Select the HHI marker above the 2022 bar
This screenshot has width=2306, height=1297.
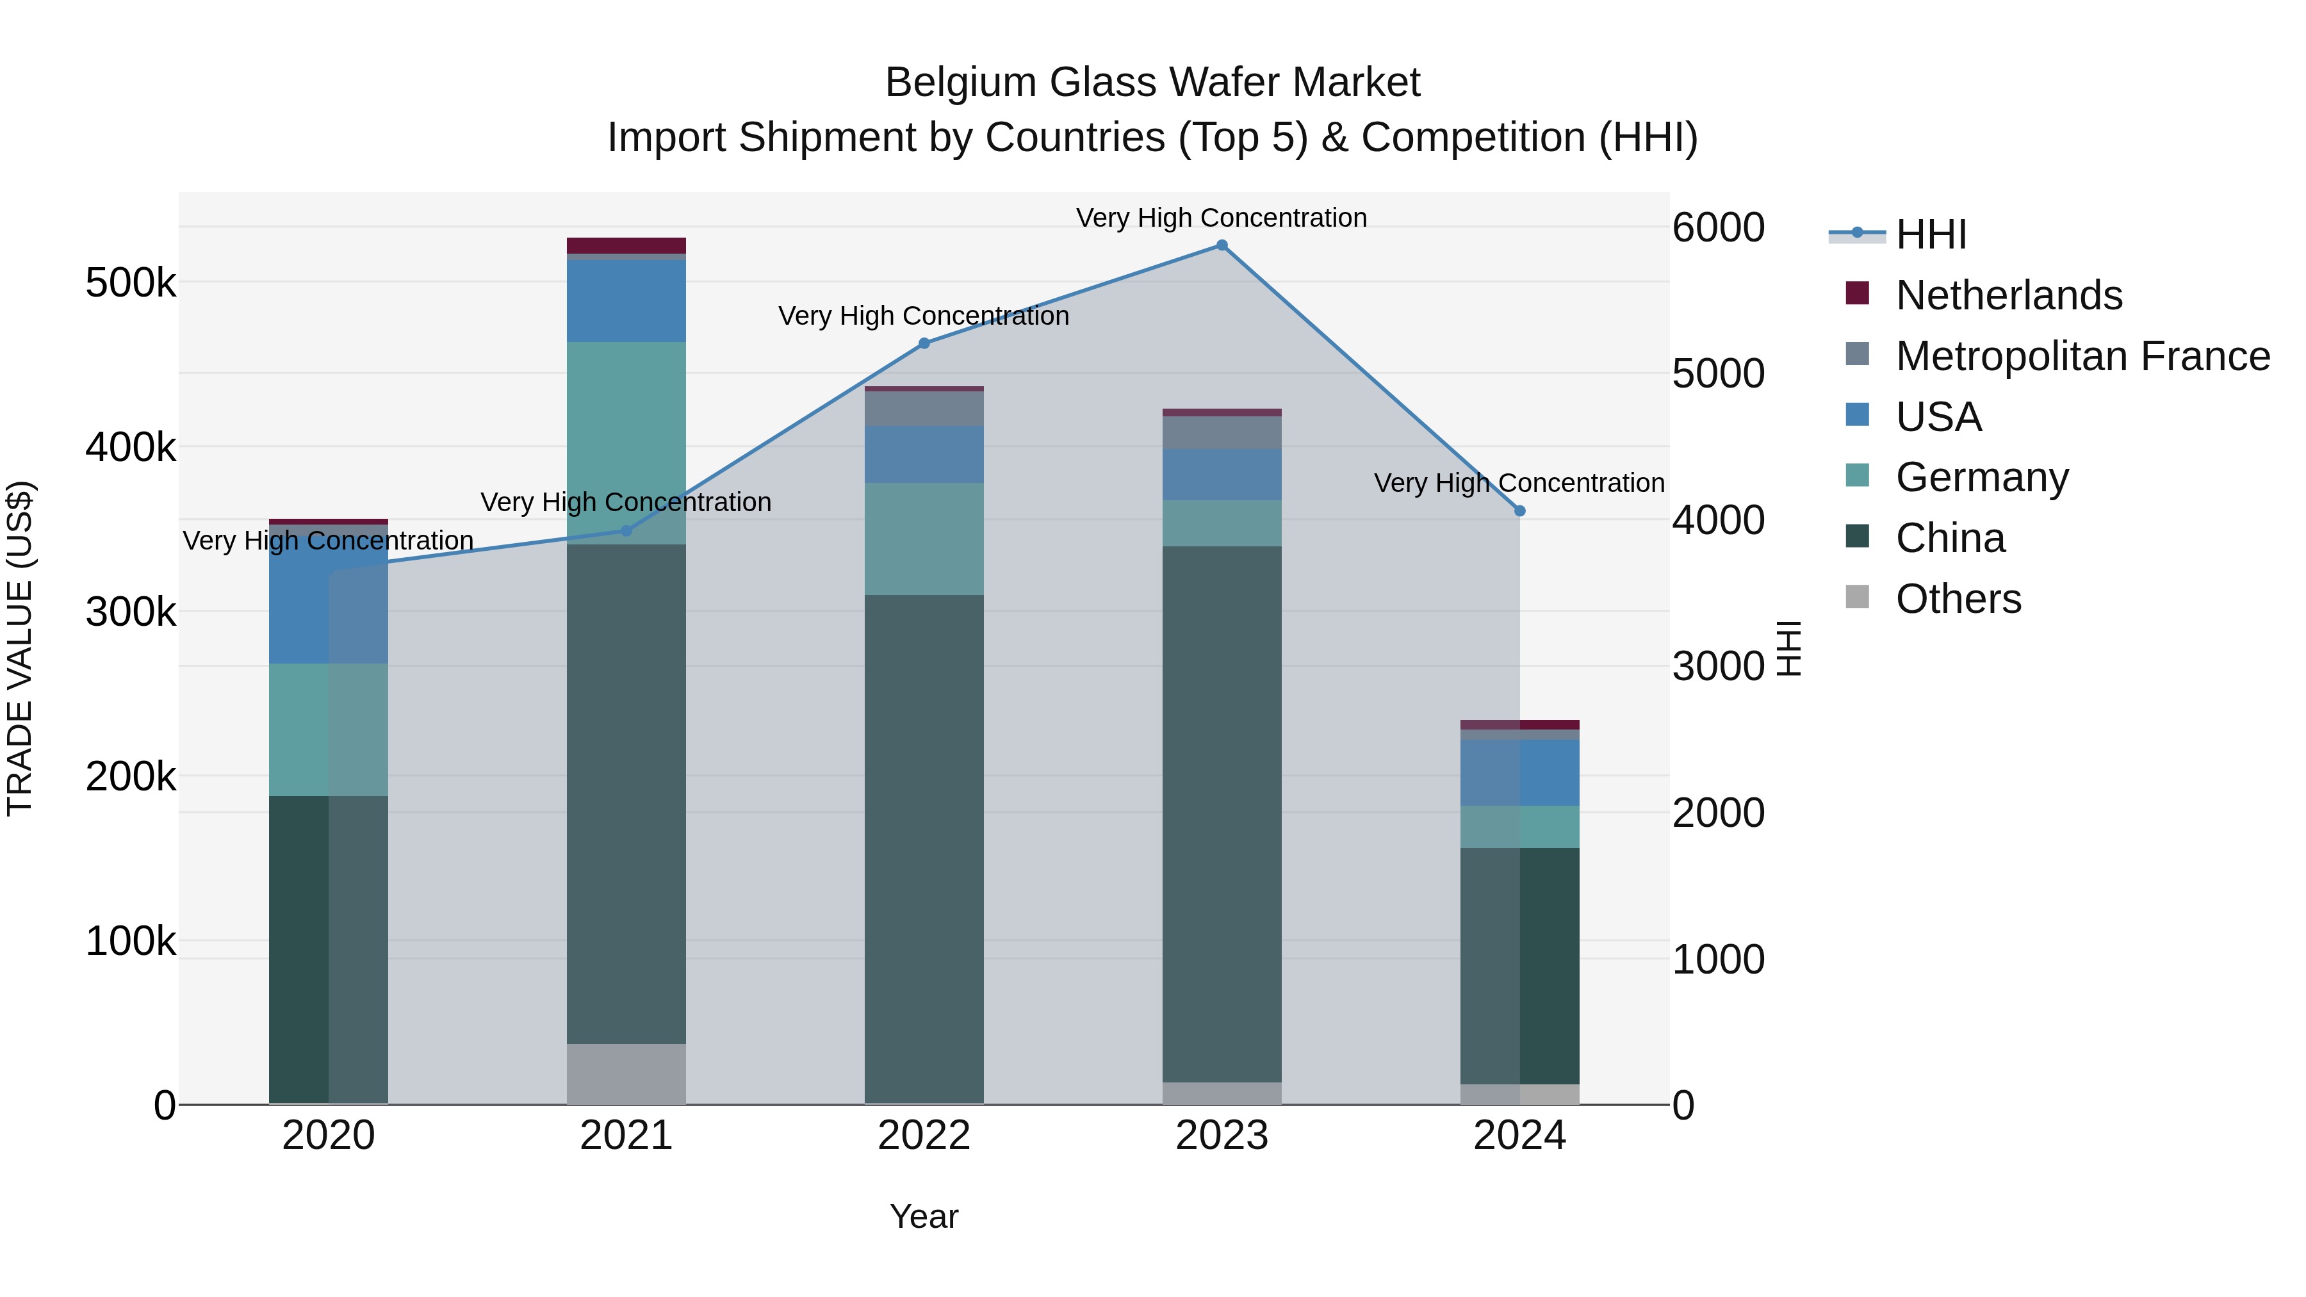click(x=924, y=343)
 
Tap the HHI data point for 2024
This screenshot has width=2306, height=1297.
click(x=1519, y=511)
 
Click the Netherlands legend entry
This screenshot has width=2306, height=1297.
click(x=2008, y=295)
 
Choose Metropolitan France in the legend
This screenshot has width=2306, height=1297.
click(x=2082, y=356)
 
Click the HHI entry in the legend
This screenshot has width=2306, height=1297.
click(x=1930, y=234)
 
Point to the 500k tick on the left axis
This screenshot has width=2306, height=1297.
click(x=131, y=283)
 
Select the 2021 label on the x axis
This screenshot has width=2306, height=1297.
click(x=626, y=1136)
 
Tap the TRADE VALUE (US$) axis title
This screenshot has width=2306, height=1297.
click(x=20, y=648)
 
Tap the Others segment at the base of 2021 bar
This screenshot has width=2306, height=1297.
click(x=626, y=1073)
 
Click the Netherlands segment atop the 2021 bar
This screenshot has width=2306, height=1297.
click(x=626, y=245)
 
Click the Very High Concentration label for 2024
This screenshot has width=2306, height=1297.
click(x=1519, y=484)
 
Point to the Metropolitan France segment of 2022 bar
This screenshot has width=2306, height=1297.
click(x=924, y=409)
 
